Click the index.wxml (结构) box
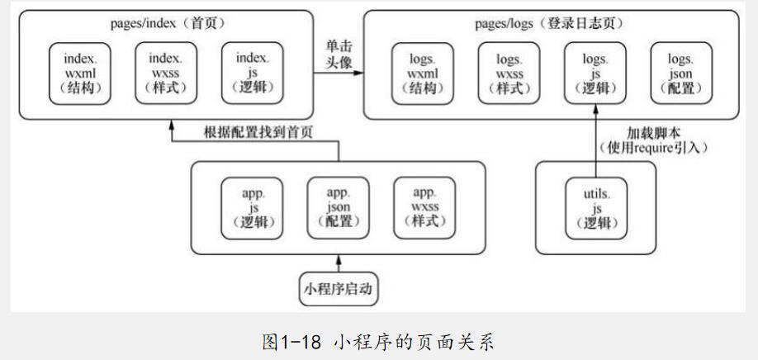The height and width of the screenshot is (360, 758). coord(81,74)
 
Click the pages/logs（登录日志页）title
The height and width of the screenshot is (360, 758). coord(549,22)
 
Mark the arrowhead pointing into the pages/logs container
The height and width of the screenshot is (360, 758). coord(360,73)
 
